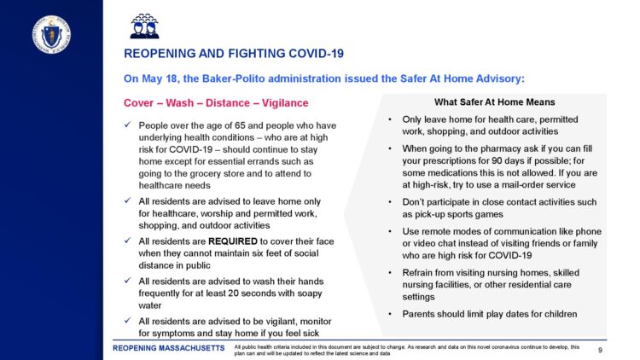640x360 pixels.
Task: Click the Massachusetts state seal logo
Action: point(51,33)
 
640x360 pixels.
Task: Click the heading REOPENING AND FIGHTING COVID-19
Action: point(234,54)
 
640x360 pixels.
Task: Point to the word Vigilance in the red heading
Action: point(280,103)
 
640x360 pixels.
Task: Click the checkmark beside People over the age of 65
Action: point(127,126)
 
